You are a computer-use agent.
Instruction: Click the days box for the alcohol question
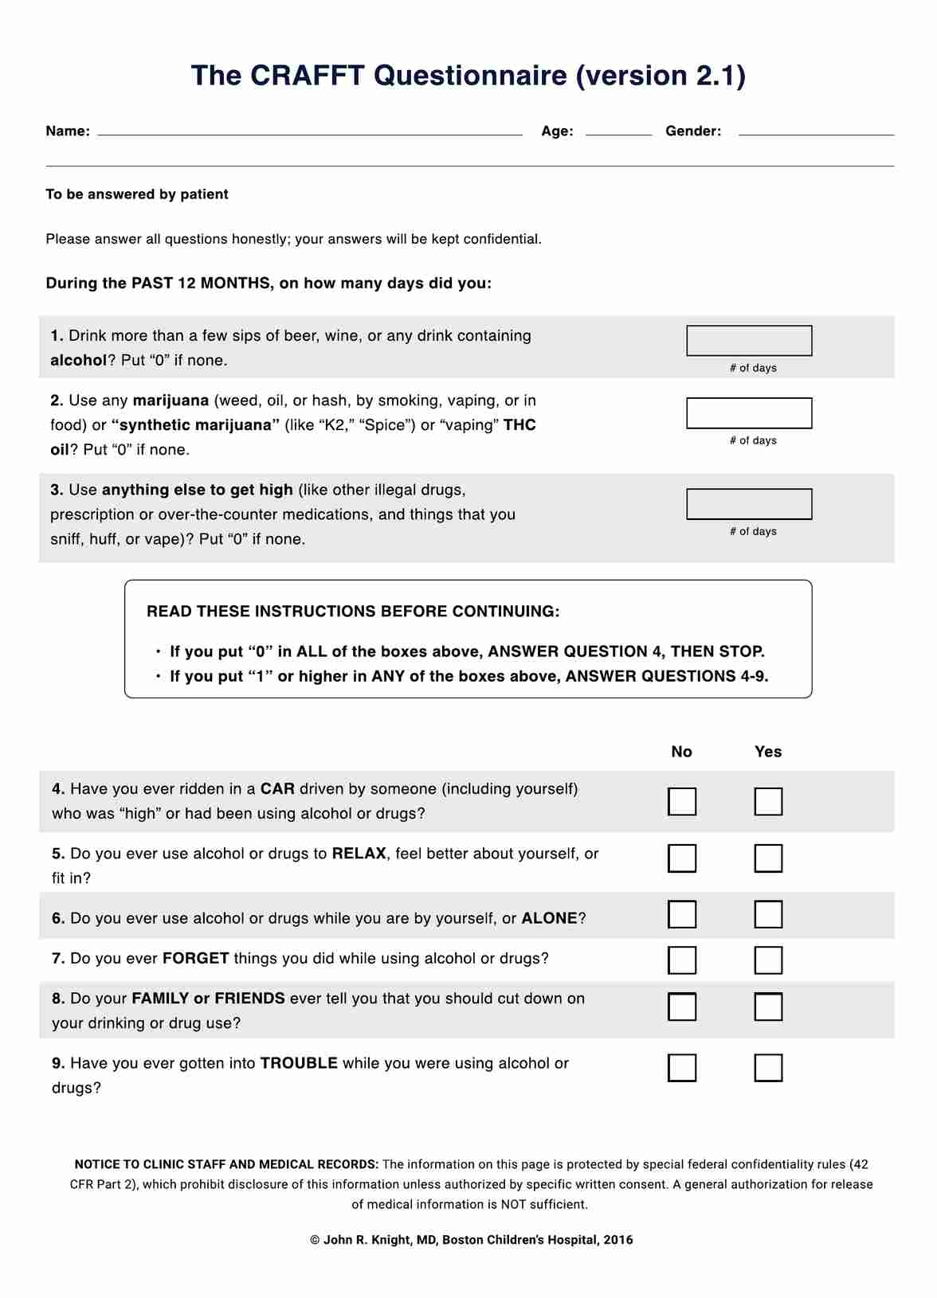point(749,341)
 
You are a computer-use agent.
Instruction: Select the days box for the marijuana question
point(749,413)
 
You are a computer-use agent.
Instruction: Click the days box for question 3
point(749,504)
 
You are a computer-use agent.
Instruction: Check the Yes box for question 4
point(768,802)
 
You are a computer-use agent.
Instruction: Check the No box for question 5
point(682,858)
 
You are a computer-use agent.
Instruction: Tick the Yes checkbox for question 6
point(768,914)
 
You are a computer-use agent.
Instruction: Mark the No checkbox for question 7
point(682,960)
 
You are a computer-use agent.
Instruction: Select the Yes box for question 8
point(768,1007)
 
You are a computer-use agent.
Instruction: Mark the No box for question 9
point(682,1068)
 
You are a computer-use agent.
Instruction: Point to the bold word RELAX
point(359,854)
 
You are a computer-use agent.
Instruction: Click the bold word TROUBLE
point(299,1063)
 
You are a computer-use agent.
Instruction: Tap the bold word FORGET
point(195,958)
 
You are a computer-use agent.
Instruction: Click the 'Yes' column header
point(768,752)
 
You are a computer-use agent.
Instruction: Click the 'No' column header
point(681,752)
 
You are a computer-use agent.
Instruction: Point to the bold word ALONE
point(549,918)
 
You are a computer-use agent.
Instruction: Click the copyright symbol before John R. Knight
point(315,1240)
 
